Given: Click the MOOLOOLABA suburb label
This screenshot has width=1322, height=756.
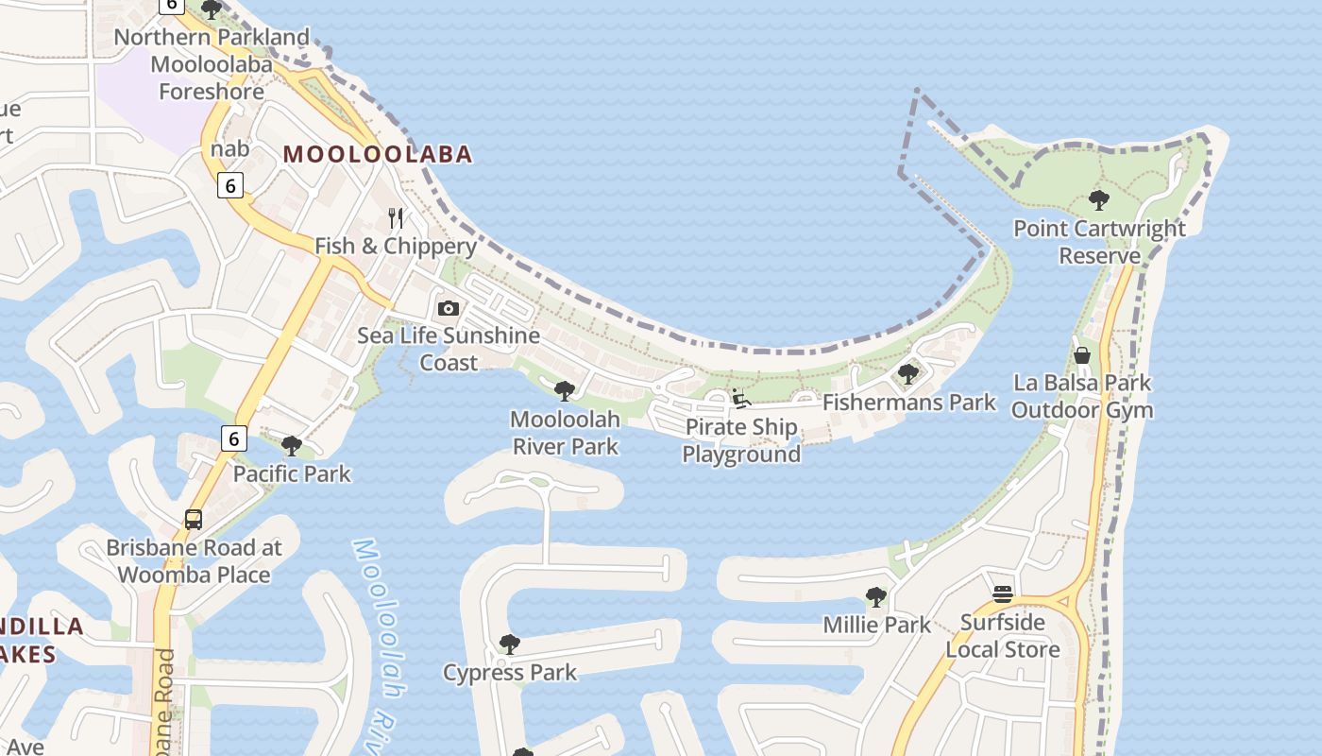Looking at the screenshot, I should click(x=378, y=154).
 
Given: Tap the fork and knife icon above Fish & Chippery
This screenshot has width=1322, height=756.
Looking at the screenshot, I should click(x=397, y=218).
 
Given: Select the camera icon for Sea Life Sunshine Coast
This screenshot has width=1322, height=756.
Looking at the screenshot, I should click(x=449, y=308).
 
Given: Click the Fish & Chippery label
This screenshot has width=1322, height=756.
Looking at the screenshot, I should click(x=395, y=246).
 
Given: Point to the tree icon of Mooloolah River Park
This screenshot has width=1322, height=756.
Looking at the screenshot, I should click(x=565, y=390).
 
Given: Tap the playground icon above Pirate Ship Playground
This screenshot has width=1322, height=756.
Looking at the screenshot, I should click(x=741, y=399).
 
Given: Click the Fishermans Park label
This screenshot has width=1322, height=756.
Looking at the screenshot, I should click(x=908, y=402).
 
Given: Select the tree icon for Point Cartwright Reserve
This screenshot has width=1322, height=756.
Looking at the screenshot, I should click(x=1098, y=199).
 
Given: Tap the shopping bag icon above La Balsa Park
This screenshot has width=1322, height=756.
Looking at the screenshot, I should click(x=1082, y=355).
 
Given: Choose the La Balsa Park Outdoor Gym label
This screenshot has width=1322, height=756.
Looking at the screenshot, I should click(x=1082, y=396).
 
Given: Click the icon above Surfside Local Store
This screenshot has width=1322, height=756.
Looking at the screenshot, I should click(x=1003, y=593).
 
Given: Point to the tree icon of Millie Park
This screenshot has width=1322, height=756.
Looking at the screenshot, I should click(x=876, y=596).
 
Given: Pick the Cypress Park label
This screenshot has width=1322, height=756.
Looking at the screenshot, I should click(x=510, y=672).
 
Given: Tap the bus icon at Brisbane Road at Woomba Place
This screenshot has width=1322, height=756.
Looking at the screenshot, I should click(x=194, y=519).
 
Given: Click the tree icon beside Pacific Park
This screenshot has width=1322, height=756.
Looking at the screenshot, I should click(x=292, y=444).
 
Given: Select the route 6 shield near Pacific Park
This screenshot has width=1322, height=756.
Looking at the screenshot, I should click(x=233, y=438).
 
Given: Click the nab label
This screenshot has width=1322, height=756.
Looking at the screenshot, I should click(x=230, y=148).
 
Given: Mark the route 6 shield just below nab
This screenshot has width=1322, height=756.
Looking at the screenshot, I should click(x=230, y=184).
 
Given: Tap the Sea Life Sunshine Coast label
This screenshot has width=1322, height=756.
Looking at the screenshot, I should click(x=449, y=349).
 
